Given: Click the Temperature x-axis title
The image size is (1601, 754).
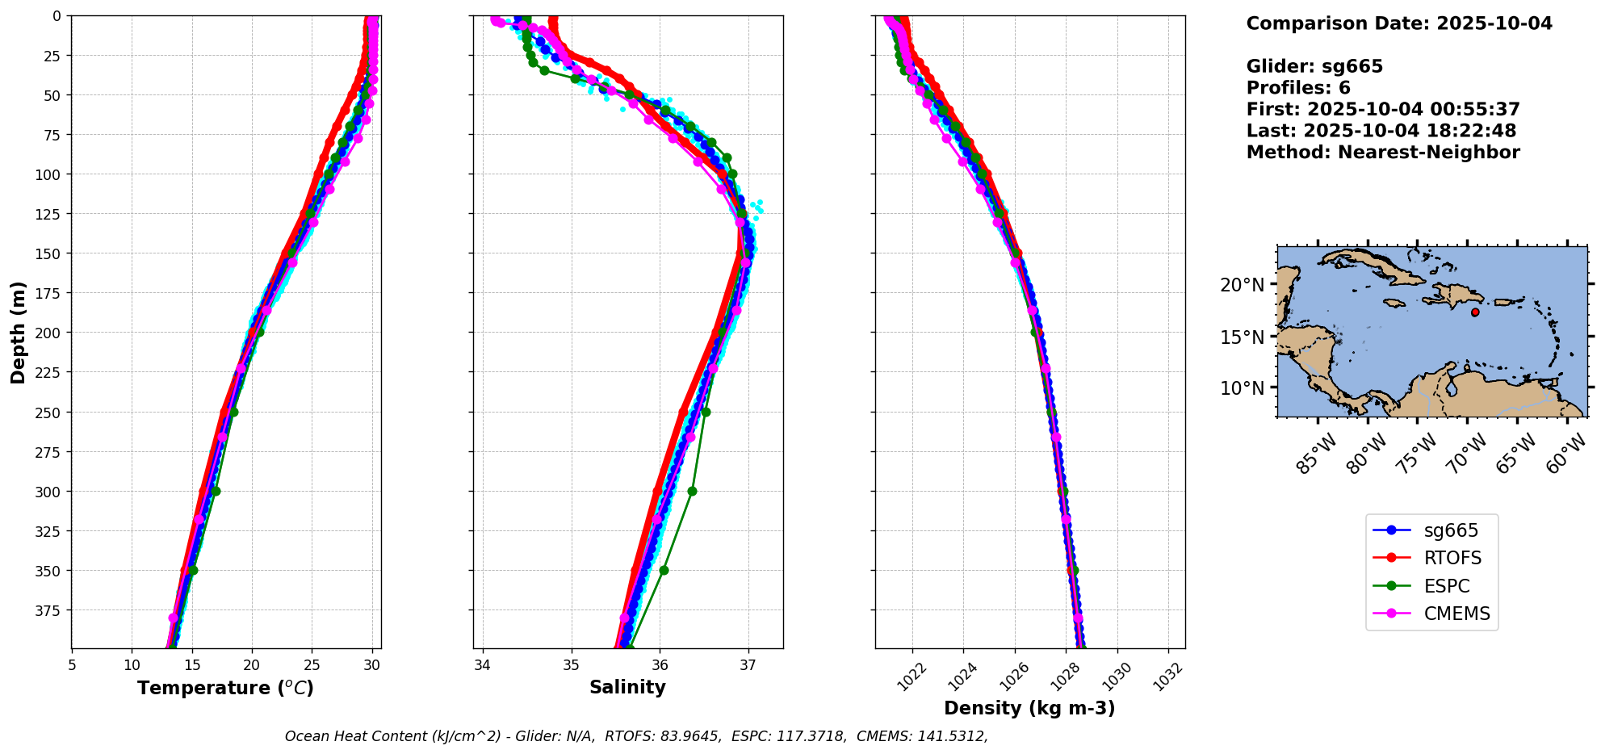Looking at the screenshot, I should pos(225,689).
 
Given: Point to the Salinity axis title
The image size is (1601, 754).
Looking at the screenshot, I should pos(627,688).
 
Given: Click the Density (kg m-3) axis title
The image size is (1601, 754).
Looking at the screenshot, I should pos(1029,709).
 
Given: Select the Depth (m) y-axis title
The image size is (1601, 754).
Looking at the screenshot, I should pos(19,333).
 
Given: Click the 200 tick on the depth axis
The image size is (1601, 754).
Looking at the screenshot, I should pos(50,333).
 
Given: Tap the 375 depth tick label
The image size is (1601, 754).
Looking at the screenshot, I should pos(50,610).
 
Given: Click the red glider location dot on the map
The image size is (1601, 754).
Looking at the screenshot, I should pos(1475,312).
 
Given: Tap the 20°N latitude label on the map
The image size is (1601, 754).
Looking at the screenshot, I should pos(1242,285).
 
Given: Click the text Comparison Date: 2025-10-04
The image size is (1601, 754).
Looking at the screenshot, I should pos(1399,23).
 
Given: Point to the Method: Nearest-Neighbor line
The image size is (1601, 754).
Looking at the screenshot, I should pos(1383,153).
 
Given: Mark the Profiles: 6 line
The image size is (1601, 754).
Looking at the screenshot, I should pos(1298,88).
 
